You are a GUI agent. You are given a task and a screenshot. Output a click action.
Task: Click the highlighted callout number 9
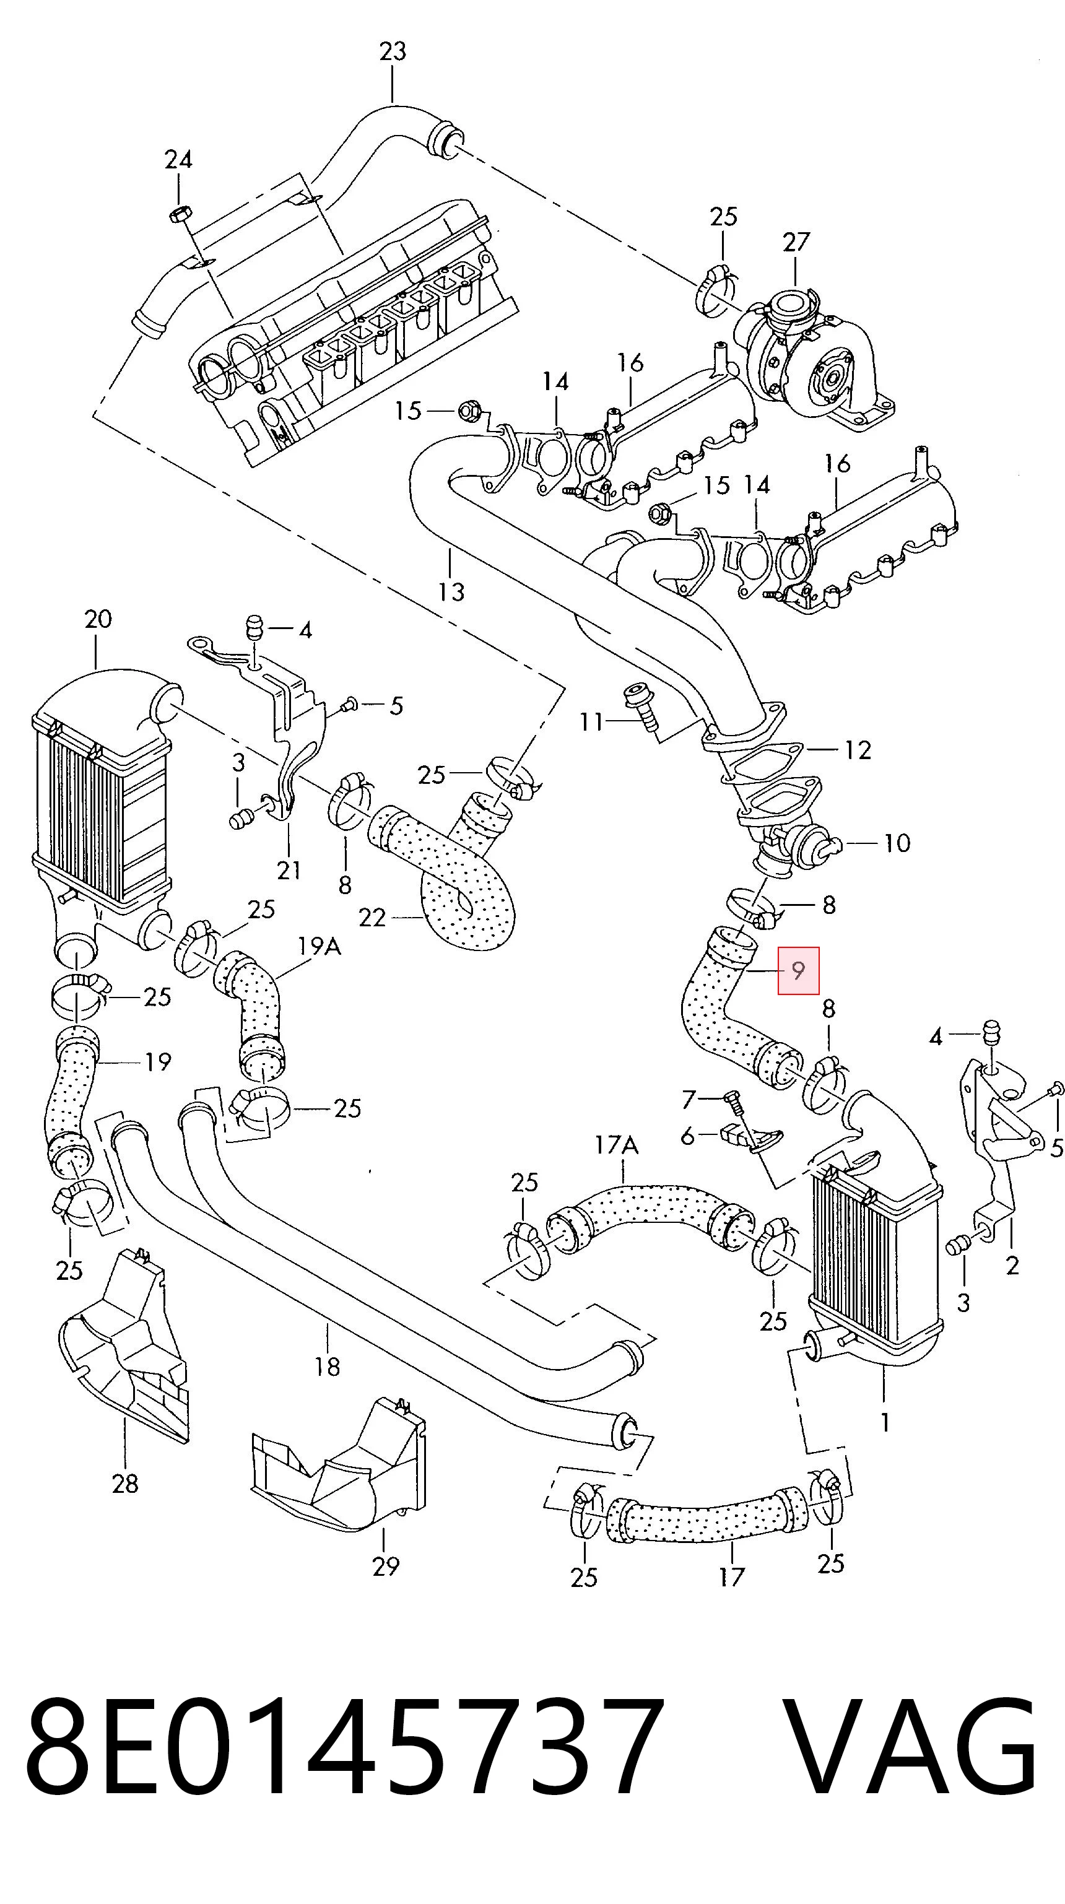(x=798, y=970)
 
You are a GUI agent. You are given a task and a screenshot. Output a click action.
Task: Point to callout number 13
(x=451, y=591)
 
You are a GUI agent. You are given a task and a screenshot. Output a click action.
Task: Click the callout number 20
(x=98, y=619)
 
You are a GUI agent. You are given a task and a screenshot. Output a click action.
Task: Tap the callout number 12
(x=858, y=750)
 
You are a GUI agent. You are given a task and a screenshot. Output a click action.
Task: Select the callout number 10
(x=897, y=843)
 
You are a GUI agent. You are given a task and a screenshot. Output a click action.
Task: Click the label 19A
(x=319, y=947)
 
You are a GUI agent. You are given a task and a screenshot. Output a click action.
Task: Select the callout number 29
(x=385, y=1566)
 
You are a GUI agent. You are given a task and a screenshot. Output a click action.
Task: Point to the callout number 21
(x=289, y=871)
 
